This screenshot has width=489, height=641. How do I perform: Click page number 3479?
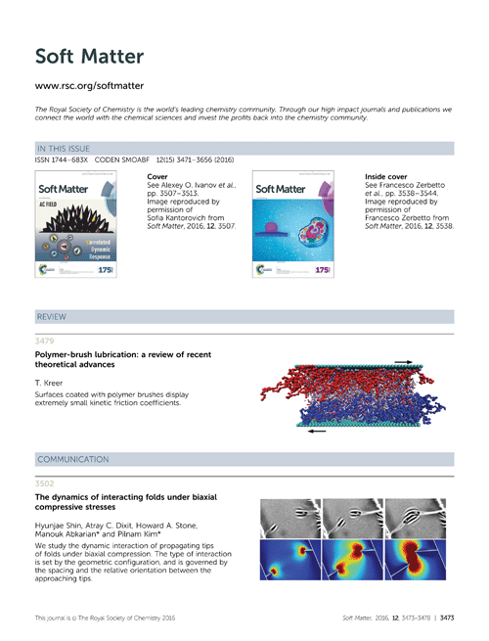[45, 341]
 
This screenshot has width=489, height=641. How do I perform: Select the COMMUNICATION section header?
[72, 459]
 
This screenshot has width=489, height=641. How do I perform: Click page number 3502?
[45, 482]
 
